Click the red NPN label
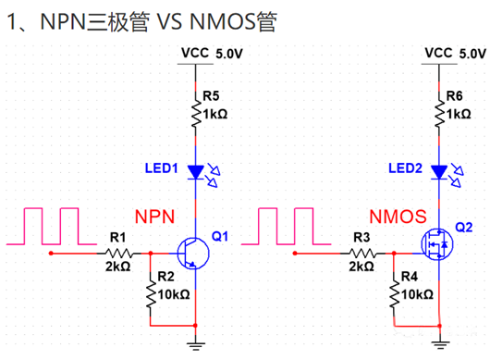pyautogui.click(x=156, y=216)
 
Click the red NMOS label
pyautogui.click(x=398, y=217)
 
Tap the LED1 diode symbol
pyautogui.click(x=195, y=171)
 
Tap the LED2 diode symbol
pyautogui.click(x=439, y=171)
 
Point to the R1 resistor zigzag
pyautogui.click(x=117, y=251)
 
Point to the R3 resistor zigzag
pyautogui.click(x=361, y=251)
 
